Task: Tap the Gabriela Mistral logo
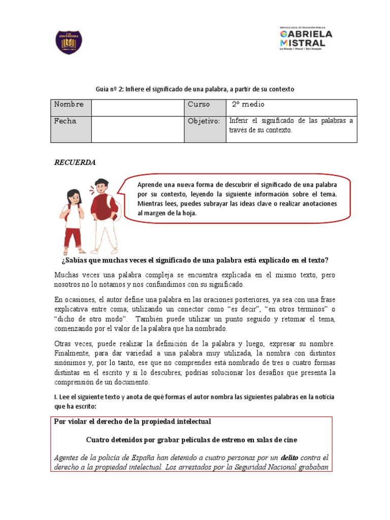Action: [x=306, y=39]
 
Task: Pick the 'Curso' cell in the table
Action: [x=199, y=104]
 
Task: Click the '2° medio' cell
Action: [x=248, y=104]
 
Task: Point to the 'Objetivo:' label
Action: [x=203, y=121]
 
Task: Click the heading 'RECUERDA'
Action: [x=75, y=163]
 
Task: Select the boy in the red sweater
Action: [x=104, y=213]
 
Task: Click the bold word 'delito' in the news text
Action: [x=291, y=458]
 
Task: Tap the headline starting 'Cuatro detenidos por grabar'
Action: [x=191, y=439]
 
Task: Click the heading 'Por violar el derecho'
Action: [x=133, y=421]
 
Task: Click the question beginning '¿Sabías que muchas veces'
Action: [x=194, y=261]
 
